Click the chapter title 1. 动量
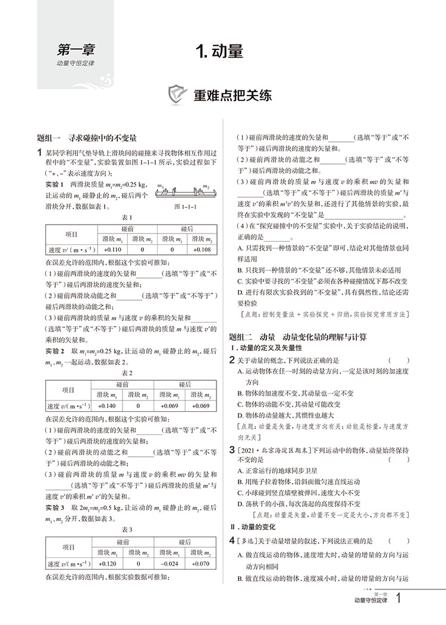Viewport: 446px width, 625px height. coord(222,52)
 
